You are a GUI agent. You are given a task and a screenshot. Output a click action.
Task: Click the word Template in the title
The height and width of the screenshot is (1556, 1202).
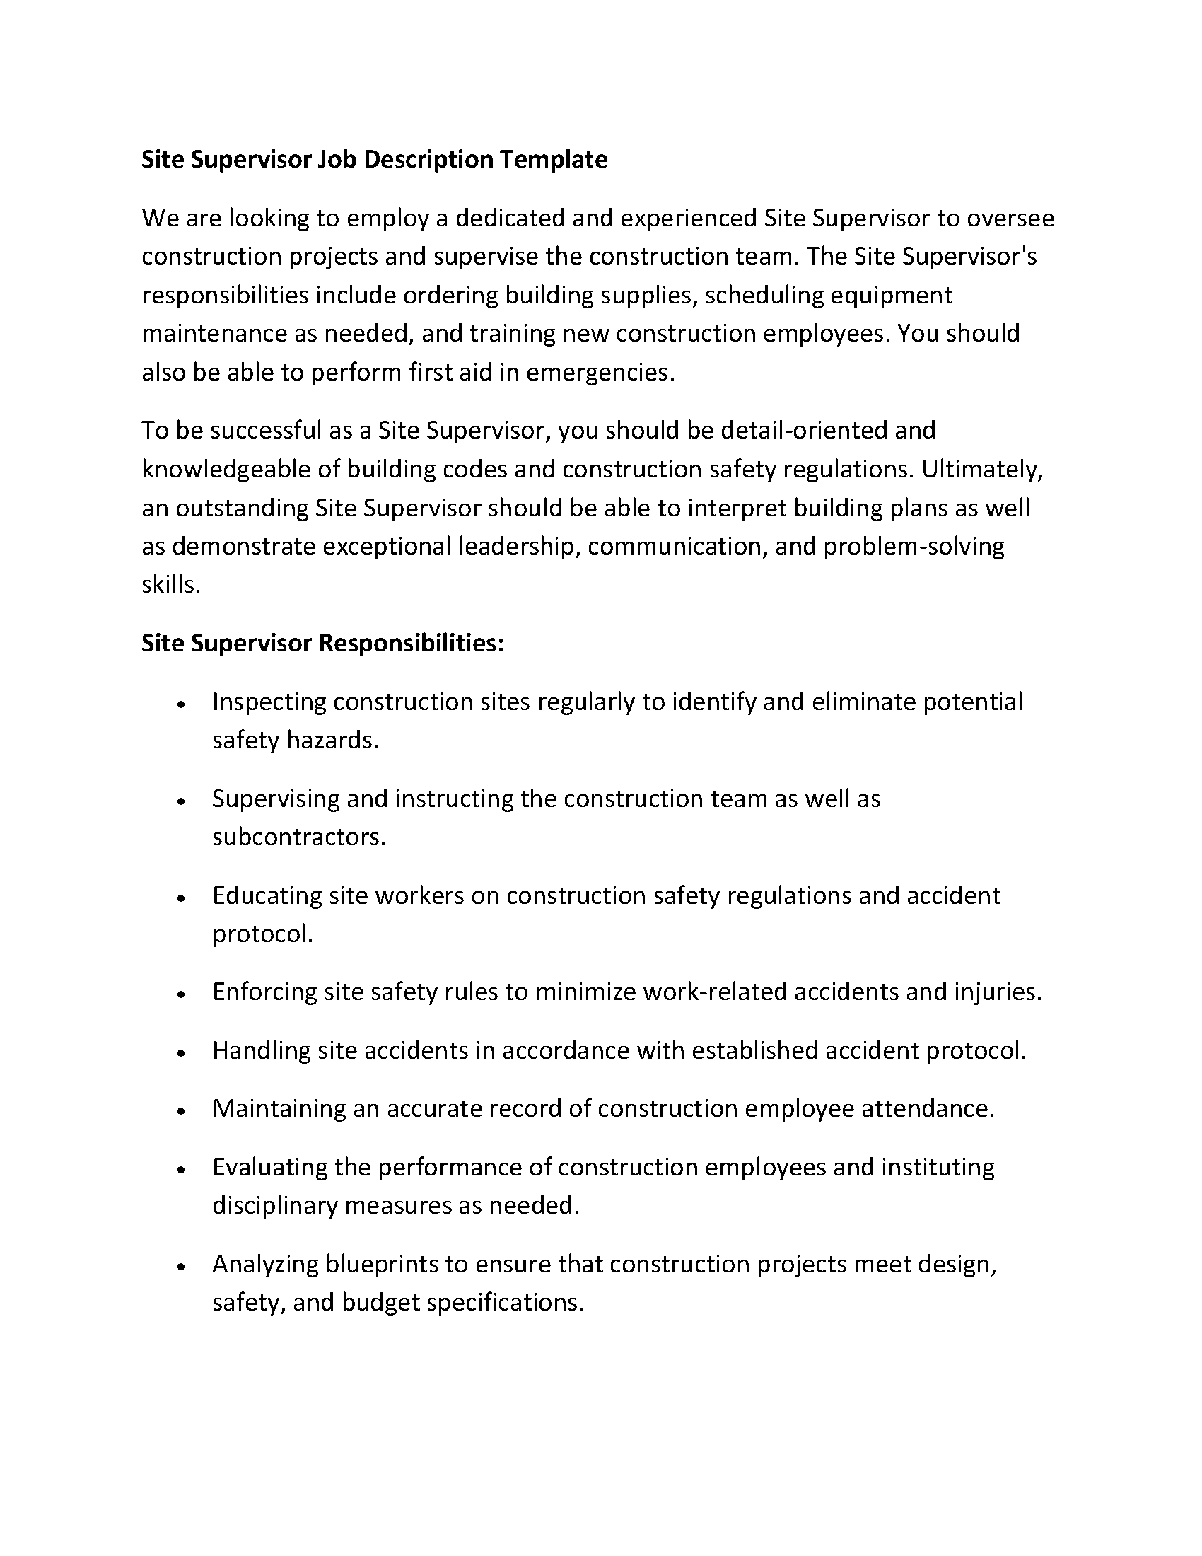click(x=553, y=160)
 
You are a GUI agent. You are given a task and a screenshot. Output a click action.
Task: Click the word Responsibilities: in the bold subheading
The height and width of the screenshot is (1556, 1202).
click(x=411, y=644)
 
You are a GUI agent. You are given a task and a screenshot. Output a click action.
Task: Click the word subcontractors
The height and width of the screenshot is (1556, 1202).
click(x=298, y=837)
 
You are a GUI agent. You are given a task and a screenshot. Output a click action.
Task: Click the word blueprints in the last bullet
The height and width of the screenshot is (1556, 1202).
click(x=381, y=1264)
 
